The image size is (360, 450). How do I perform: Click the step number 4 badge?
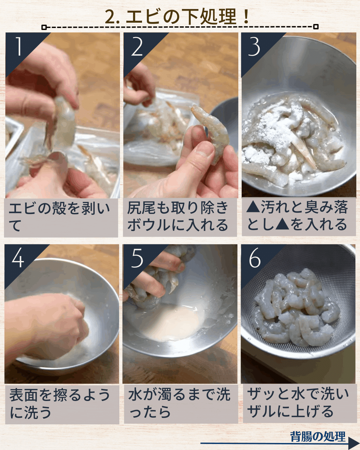18,259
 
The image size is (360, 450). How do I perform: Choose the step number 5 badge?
137,259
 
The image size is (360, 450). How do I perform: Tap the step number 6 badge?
255,259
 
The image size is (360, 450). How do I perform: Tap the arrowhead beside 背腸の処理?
354,443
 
